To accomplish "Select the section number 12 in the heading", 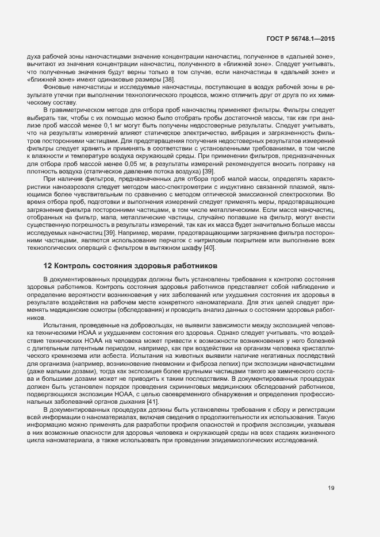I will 48,266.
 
